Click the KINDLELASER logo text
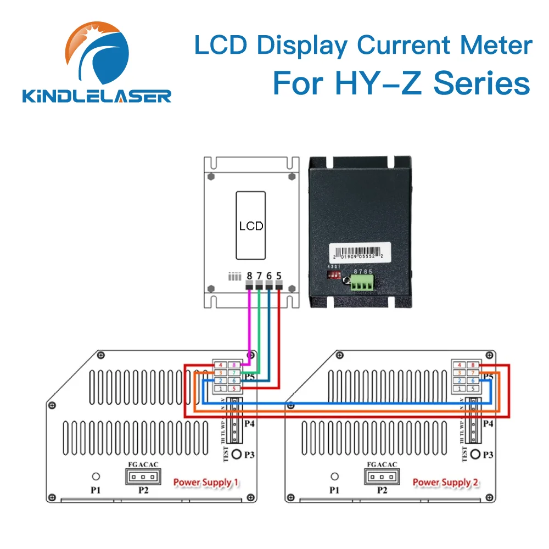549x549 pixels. [97, 96]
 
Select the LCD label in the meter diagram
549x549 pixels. [251, 226]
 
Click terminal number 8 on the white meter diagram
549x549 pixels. [249, 275]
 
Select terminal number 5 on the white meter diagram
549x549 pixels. [279, 275]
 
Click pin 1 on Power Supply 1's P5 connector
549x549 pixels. [220, 389]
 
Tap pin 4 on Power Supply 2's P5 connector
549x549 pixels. [459, 365]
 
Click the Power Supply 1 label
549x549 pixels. [206, 483]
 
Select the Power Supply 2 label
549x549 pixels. [445, 483]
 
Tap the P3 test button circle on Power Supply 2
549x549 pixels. [476, 455]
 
